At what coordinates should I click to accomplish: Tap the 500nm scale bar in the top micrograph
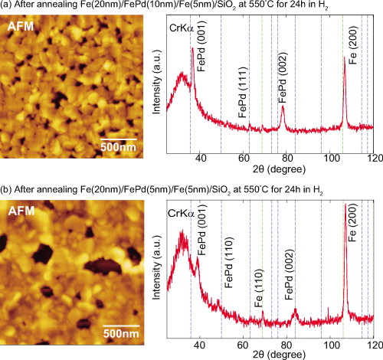119,138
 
